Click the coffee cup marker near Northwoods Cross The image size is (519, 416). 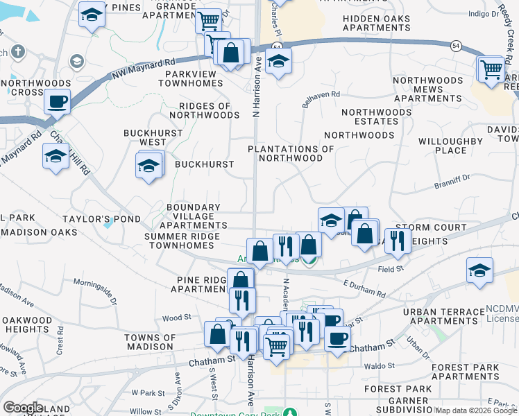pos(57,103)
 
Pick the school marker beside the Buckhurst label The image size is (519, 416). pos(148,166)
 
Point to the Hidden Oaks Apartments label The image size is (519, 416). pos(376,23)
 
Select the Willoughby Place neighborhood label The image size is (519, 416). pos(450,146)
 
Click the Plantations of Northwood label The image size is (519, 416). pos(291,153)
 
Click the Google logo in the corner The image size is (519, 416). pos(23,408)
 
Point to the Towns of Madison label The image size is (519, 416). pos(148,341)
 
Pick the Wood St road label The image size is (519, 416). pos(171,318)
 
